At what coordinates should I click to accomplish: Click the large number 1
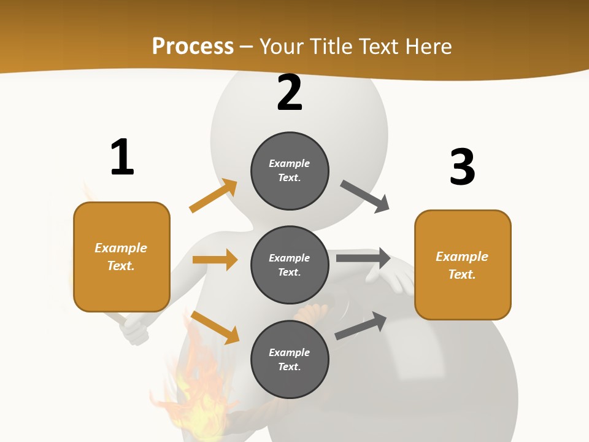coord(122,157)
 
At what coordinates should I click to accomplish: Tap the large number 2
coord(290,93)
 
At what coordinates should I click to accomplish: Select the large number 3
coord(462,167)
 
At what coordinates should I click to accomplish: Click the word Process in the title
coord(193,46)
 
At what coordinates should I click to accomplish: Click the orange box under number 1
coord(121,257)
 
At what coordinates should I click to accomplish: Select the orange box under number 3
coord(463,265)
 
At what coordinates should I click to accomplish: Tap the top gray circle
coord(290,171)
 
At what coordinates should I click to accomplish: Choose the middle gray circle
coord(290,265)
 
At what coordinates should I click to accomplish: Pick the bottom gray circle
coord(290,359)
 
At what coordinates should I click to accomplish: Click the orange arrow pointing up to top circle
coord(213,196)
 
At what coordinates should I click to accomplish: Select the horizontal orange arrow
coord(215,260)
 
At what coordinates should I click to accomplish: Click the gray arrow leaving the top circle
coord(365,196)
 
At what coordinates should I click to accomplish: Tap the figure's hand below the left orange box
coord(135,331)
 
